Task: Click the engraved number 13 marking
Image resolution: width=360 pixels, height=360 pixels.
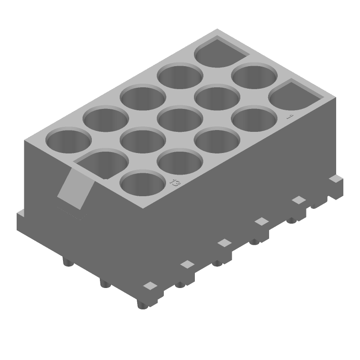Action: tap(175, 183)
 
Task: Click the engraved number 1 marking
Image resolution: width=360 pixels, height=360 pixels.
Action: tap(290, 116)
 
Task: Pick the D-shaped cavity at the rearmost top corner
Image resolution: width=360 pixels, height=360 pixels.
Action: tap(220, 53)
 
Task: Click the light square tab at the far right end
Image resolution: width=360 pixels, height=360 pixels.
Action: tap(334, 179)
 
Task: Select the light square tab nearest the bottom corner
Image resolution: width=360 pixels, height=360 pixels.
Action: tap(150, 285)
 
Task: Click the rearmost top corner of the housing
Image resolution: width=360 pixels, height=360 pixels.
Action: tap(217, 29)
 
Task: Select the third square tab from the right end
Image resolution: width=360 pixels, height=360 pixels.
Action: tap(261, 221)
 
